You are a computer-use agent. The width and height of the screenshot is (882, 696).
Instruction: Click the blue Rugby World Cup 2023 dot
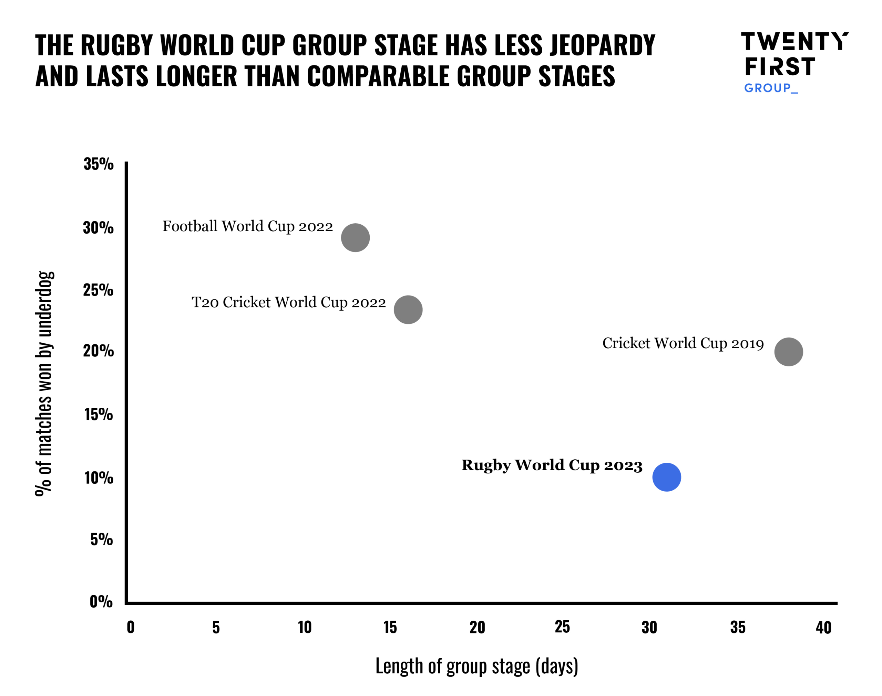click(x=666, y=477)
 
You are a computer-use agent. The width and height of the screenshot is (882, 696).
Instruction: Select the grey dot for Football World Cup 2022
click(x=355, y=238)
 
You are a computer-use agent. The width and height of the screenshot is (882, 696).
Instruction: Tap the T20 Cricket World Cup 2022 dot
click(x=408, y=310)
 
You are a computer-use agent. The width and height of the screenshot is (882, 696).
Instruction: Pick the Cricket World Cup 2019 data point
click(x=788, y=352)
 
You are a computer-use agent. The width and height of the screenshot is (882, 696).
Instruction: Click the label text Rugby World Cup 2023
click(x=552, y=465)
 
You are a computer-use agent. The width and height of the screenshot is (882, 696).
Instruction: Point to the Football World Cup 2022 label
click(x=248, y=226)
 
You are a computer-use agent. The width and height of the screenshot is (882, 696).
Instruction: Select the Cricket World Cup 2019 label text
click(x=683, y=343)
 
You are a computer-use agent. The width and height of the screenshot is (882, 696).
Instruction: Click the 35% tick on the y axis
click(x=98, y=164)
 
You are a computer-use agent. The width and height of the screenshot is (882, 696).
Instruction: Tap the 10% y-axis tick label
click(x=98, y=478)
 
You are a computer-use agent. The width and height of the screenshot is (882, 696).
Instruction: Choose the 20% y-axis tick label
click(x=98, y=351)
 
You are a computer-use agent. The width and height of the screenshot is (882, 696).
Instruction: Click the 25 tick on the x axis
click(x=562, y=627)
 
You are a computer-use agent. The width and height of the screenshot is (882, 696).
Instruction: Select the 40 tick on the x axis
click(x=823, y=628)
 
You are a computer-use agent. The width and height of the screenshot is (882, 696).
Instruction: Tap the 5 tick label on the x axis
click(x=216, y=628)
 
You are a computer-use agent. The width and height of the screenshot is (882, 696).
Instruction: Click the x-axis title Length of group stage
click(x=476, y=666)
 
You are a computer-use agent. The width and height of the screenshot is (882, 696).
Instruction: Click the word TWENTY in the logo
click(x=794, y=42)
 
